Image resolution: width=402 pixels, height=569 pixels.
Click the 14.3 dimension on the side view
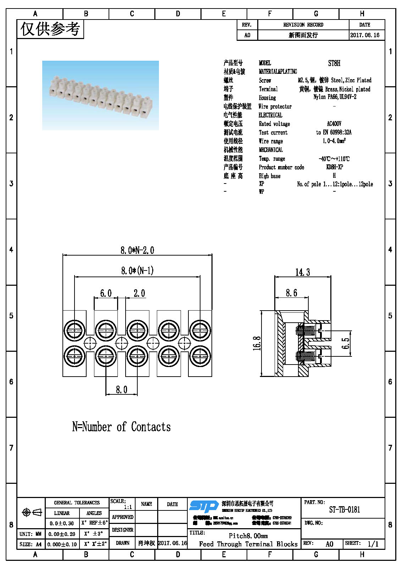tap(302, 272)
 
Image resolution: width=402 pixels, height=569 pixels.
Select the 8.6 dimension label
tap(291, 293)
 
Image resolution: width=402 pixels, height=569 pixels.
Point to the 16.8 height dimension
tap(257, 343)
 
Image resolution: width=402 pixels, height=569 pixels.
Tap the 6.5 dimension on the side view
tap(346, 343)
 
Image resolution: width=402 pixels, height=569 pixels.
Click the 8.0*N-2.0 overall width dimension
tap(137, 250)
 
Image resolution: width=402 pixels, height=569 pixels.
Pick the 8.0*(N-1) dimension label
tap(137, 271)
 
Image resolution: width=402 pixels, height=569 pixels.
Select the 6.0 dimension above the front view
tap(106, 293)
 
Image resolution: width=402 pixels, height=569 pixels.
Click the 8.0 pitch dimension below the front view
tap(121, 390)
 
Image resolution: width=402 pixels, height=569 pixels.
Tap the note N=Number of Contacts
tap(121, 427)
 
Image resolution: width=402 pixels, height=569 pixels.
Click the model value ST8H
tap(334, 63)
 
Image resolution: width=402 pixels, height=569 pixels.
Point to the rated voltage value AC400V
tap(334, 124)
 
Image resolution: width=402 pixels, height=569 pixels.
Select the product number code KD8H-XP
tap(334, 167)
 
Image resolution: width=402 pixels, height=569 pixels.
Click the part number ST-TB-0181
tap(344, 510)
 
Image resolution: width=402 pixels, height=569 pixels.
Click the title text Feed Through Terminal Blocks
tap(248, 544)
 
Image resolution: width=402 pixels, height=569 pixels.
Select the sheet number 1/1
tap(373, 544)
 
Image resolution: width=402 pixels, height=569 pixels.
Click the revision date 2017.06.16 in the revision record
tap(365, 35)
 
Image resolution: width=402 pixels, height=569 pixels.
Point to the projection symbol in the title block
tap(32, 512)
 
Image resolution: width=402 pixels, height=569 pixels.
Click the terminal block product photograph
tap(100, 95)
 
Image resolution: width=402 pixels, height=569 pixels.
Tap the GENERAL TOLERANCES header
tap(77, 503)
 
